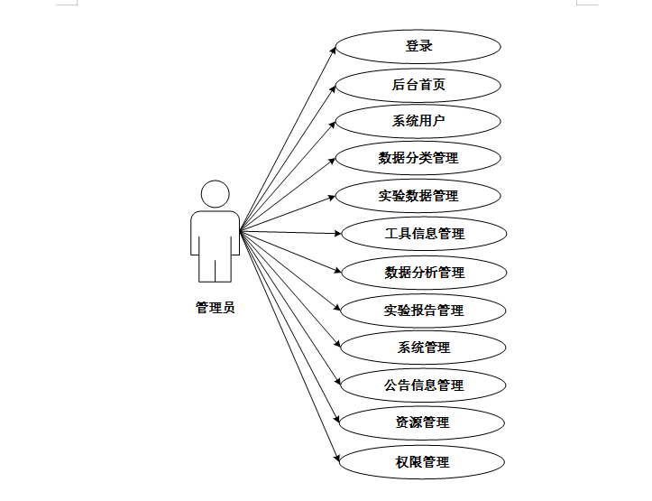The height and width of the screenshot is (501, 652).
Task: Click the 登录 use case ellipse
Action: tap(418, 47)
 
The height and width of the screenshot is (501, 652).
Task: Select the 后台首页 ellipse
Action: tap(418, 85)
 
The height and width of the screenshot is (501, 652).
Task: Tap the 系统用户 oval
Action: tap(418, 121)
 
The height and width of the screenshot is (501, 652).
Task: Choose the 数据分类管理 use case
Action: tap(418, 158)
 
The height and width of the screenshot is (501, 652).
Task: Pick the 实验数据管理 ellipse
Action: tap(418, 196)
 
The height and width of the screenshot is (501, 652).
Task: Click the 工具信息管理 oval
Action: tap(424, 234)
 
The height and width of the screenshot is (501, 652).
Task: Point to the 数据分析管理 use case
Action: tap(424, 272)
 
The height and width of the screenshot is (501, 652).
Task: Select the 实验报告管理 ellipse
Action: tap(424, 311)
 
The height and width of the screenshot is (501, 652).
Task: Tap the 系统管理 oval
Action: tap(424, 348)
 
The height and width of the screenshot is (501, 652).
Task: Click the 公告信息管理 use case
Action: tap(424, 385)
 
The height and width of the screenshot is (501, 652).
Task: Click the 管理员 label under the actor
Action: tap(216, 308)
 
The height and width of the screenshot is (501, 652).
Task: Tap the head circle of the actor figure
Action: tap(216, 194)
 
